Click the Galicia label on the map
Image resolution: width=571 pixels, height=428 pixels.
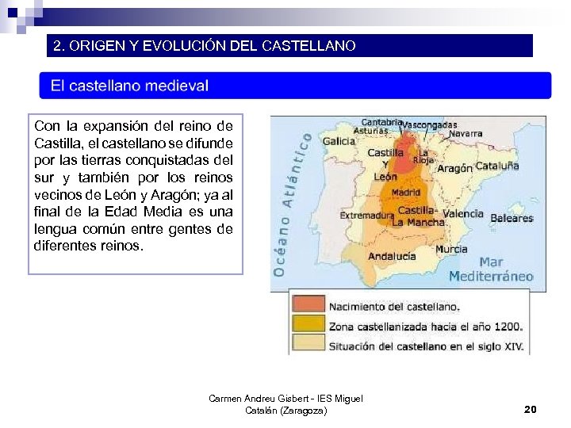tap(339, 141)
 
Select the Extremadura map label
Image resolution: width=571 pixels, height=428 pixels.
tap(366, 215)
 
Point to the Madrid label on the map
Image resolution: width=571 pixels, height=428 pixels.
tap(406, 192)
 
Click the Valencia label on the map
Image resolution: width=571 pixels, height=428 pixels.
tap(462, 213)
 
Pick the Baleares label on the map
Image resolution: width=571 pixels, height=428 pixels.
tap(512, 218)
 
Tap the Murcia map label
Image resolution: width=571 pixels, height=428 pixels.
tap(450, 250)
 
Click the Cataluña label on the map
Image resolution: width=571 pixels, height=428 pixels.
tap(497, 166)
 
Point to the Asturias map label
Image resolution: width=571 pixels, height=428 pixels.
tap(370, 131)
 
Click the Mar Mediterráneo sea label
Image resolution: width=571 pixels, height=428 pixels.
tap(491, 269)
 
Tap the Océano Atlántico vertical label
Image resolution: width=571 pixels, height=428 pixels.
tap(290, 204)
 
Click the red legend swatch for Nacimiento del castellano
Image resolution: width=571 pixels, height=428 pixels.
tap(308, 305)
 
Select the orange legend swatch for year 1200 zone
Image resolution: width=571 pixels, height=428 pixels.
tap(308, 324)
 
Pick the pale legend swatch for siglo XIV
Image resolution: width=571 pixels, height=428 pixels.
tap(308, 344)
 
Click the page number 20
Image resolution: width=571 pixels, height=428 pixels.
tap(531, 409)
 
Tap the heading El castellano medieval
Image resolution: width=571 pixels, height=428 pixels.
tap(130, 86)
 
